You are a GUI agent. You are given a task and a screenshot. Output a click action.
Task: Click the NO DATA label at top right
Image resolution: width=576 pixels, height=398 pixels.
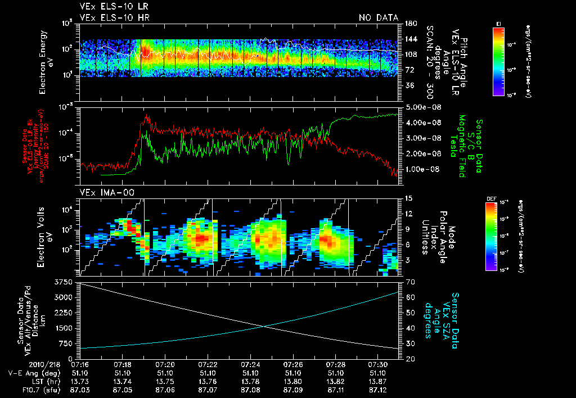point(378,17)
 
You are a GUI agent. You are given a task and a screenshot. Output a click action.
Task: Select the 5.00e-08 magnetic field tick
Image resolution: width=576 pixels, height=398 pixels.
point(417,107)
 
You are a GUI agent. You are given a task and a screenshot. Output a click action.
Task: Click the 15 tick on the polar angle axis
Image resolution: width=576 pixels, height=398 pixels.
point(404,198)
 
